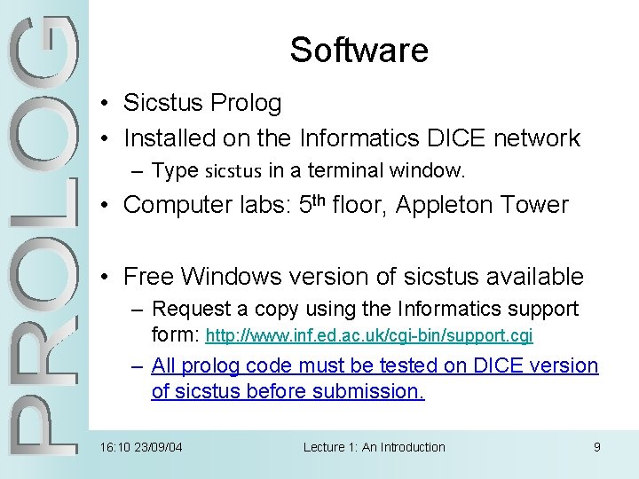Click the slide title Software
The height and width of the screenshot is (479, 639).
pos(359,50)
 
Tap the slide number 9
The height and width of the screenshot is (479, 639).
pos(597,447)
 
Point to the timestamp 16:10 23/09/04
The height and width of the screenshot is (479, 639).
pos(142,447)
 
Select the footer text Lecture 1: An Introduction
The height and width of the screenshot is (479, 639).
pos(374,447)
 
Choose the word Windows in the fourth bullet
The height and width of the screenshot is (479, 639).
pos(228,277)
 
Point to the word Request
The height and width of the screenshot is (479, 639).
pos(187,309)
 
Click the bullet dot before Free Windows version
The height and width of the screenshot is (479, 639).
pos(105,278)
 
